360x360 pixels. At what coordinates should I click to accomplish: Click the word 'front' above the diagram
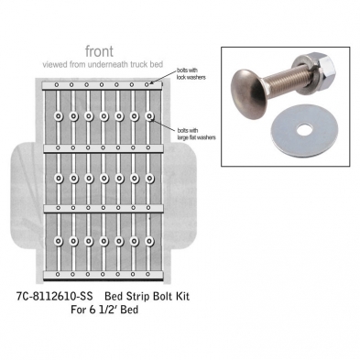[x=99, y=51]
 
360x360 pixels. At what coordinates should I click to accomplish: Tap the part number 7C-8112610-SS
[x=55, y=296]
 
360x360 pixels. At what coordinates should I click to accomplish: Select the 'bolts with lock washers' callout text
[x=191, y=74]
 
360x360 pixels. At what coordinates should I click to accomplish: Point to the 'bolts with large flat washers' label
[x=197, y=134]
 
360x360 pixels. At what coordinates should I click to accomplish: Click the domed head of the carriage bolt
[x=249, y=94]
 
